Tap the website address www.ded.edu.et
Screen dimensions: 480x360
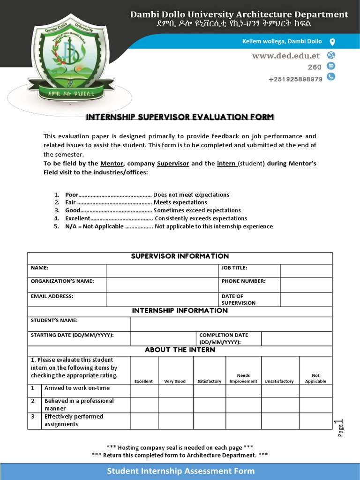coord(286,56)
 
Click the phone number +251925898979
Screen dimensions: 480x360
coord(295,79)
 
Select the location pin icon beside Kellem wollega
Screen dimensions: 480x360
coord(332,42)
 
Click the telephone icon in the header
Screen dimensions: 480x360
coord(331,76)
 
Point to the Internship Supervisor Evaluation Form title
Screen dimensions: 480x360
coord(180,117)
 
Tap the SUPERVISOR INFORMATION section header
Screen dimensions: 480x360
coord(180,256)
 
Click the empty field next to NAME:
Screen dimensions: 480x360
coord(162,271)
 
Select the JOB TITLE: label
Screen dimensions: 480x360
coord(234,268)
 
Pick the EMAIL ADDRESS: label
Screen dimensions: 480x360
coord(52,296)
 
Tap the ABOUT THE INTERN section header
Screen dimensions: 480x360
coord(180,350)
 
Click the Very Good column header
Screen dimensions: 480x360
coord(175,381)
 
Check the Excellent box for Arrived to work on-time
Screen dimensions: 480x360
coord(144,390)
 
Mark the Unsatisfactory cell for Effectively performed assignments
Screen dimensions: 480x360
coord(280,421)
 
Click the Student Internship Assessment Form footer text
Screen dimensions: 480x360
coord(181,471)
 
